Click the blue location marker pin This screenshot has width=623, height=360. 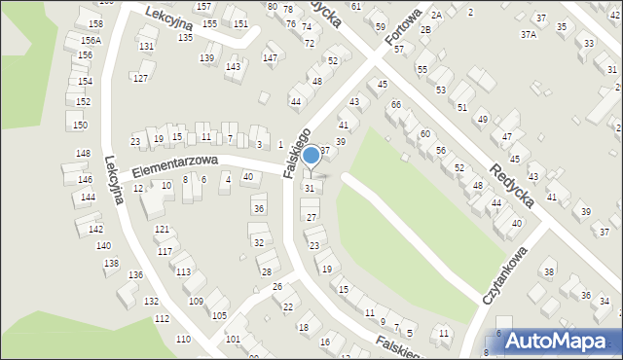pos(311,156)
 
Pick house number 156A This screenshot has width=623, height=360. pos(91,40)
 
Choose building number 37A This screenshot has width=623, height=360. pos(528,34)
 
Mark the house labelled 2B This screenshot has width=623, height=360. pos(425,29)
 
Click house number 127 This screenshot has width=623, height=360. pos(140,78)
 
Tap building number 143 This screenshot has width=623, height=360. pos(233,66)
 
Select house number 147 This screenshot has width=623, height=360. pos(270,58)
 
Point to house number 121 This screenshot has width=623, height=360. pos(162,229)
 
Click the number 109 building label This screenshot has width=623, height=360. pos(196,302)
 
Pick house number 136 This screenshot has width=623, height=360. pos(135,275)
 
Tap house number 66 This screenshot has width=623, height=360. pos(395,104)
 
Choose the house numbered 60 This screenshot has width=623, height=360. pos(424,133)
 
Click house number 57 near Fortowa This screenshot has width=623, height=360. pos(398,75)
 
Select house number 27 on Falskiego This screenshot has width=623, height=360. pos(311,217)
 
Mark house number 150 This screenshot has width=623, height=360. pos(80,125)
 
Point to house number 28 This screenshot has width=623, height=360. pos(266,271)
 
